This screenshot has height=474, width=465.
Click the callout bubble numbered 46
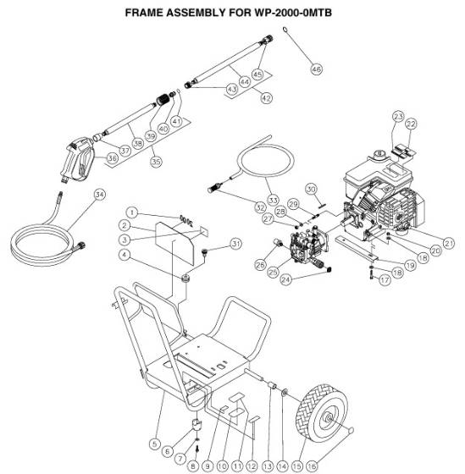pyautogui.click(x=316, y=69)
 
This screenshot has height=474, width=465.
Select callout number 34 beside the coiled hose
pyautogui.click(x=100, y=194)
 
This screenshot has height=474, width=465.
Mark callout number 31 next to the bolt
pyautogui.click(x=235, y=245)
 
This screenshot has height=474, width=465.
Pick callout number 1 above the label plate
pyautogui.click(x=132, y=211)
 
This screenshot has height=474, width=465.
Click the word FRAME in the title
pyautogui.click(x=145, y=14)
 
